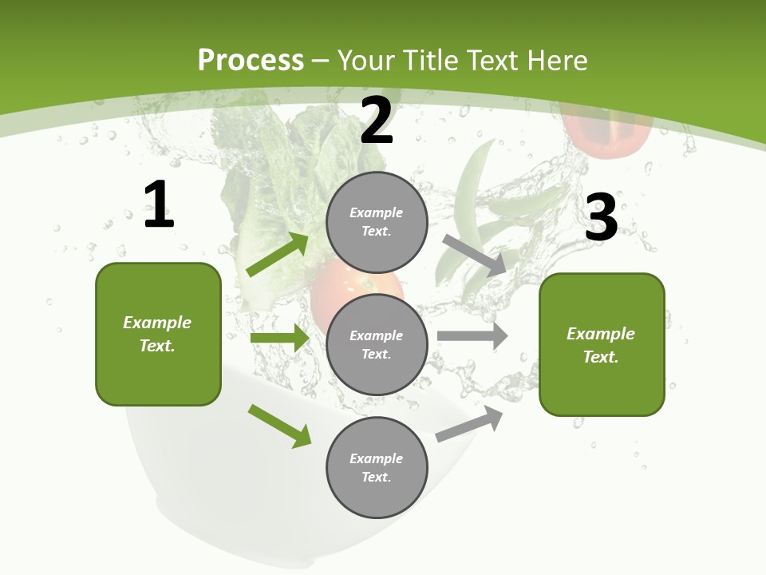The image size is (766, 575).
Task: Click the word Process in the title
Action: point(251,61)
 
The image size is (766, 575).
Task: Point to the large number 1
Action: point(159,204)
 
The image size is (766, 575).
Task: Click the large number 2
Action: point(377,121)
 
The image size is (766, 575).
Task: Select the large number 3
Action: point(601,218)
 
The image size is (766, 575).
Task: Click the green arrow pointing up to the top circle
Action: point(278,255)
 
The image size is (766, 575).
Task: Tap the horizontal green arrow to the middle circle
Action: point(279,338)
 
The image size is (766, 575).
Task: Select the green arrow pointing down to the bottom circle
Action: point(279,426)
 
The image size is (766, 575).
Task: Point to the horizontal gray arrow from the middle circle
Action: point(472,335)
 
